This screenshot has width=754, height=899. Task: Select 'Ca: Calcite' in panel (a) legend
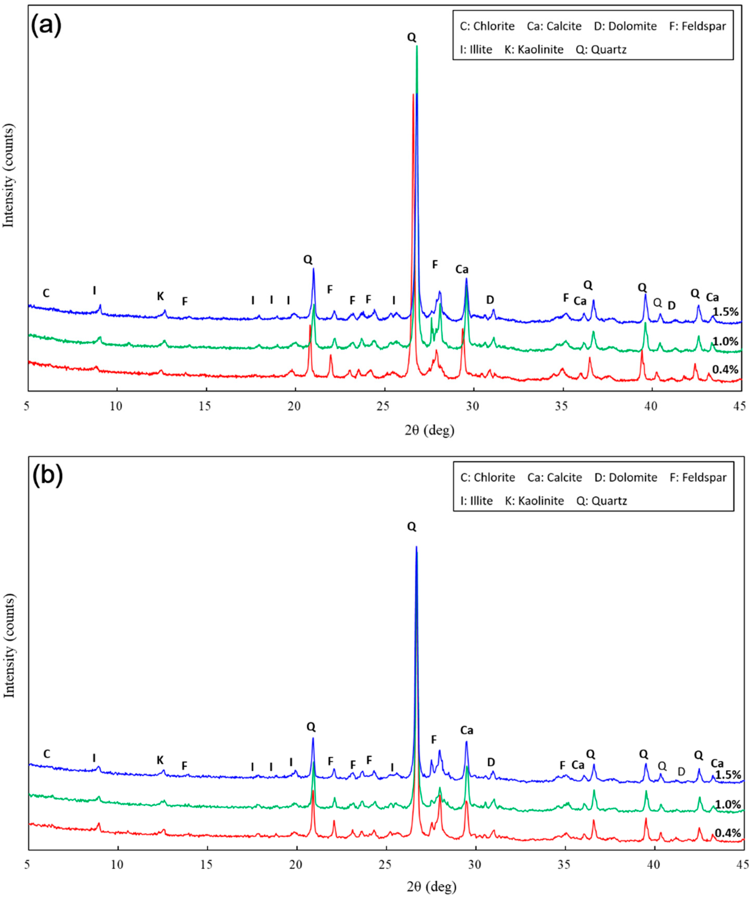(554, 26)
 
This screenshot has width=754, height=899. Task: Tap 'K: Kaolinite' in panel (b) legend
(534, 500)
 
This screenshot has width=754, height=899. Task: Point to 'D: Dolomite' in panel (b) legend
(625, 477)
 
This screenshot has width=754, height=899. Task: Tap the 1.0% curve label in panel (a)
(725, 341)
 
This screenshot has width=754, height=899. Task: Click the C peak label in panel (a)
(46, 293)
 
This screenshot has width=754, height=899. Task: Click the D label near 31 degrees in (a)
(490, 300)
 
